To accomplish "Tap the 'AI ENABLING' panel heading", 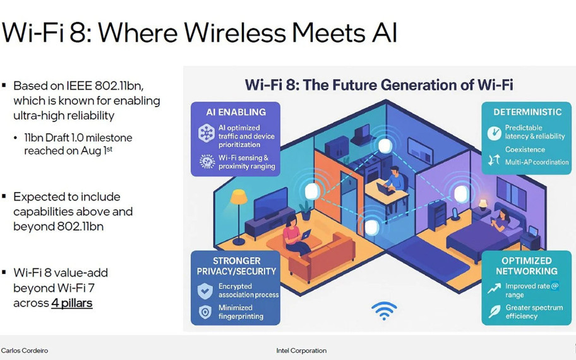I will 236,112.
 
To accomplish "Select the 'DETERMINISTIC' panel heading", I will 528,112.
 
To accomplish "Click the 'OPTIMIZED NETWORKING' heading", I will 527,266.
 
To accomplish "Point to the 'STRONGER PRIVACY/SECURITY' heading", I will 236,266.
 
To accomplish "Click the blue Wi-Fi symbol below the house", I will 384,311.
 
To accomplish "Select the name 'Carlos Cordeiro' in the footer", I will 25,351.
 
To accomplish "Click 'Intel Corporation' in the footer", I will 301,351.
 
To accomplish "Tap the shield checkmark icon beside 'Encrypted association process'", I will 205,291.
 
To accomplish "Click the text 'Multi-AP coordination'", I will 537,162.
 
